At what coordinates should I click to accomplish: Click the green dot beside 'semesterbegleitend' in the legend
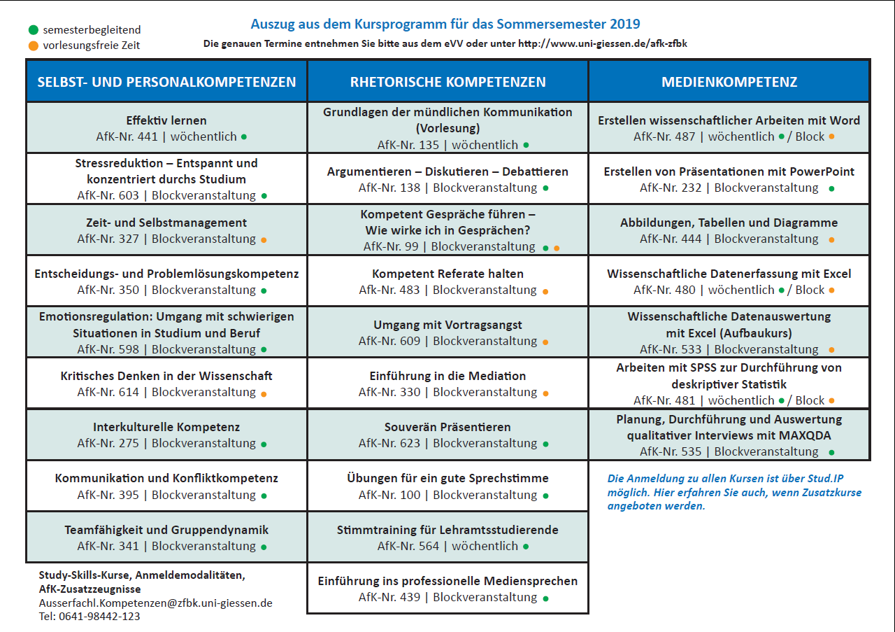coord(34,29)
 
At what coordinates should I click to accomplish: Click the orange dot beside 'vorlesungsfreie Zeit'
coord(34,45)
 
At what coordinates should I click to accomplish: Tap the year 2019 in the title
coord(625,24)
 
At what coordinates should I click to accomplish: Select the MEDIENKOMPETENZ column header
coord(729,82)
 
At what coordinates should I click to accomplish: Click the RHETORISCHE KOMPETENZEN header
coord(448,82)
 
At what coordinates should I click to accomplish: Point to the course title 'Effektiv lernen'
coord(166,120)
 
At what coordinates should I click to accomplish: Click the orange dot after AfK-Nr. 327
coord(264,240)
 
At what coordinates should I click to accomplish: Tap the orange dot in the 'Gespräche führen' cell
coord(557,248)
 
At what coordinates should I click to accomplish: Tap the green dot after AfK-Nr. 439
coord(546,599)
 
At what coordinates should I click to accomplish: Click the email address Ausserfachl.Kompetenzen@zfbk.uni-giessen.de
coord(155,603)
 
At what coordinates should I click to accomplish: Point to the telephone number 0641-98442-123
coord(99,617)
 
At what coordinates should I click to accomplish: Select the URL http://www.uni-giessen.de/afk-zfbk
coord(603,43)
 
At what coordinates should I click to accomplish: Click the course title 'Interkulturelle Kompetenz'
coord(166,427)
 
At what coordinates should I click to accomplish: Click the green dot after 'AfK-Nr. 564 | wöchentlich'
coord(526,547)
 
